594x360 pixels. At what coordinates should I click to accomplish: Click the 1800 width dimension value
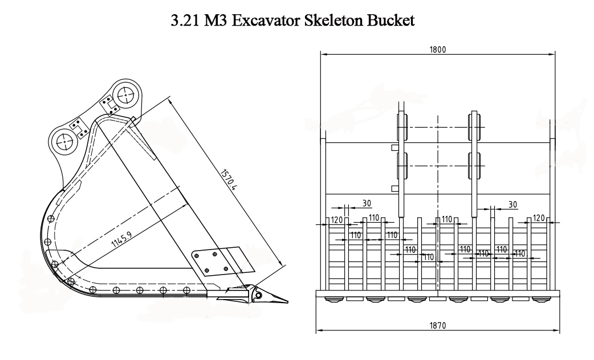pos(437,50)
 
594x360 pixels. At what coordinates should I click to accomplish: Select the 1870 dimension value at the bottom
pos(437,325)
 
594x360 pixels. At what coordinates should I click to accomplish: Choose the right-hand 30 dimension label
pos(512,203)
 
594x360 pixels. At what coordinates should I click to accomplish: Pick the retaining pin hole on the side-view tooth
pos(258,296)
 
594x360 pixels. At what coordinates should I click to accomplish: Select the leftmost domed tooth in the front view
pos(331,298)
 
